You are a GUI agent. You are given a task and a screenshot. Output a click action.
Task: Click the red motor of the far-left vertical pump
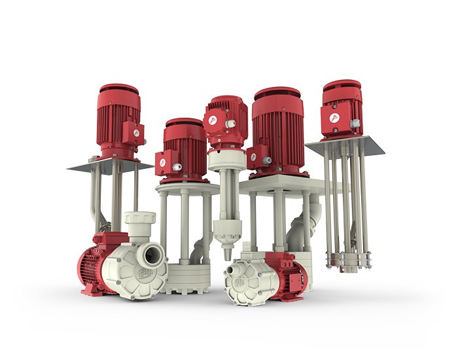click(x=118, y=121)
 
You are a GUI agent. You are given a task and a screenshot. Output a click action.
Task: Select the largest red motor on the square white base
click(x=277, y=134)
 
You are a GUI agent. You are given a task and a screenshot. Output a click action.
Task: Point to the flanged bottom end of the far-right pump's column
click(x=346, y=262)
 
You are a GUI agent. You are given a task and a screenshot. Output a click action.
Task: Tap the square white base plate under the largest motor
click(x=281, y=185)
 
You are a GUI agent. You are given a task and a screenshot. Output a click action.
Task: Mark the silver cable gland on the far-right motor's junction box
click(x=354, y=123)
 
